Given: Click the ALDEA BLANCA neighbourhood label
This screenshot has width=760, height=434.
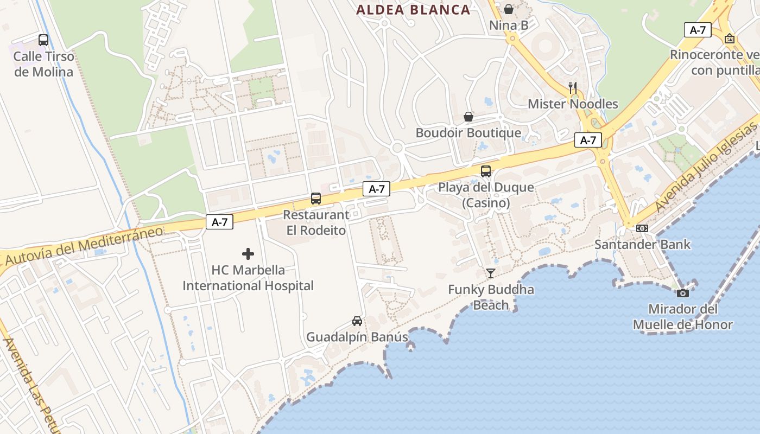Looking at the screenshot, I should point(413,10).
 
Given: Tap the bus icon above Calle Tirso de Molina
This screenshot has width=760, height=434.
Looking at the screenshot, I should point(43,40).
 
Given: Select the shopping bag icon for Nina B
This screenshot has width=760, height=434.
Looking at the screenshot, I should point(509,9).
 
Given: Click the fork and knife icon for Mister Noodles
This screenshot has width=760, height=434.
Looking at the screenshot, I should point(572,87).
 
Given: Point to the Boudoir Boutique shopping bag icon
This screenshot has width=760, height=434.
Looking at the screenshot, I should point(468,117).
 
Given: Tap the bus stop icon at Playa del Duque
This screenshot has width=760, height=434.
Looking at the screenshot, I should point(486,171).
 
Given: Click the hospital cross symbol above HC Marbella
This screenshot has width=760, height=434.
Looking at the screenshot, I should point(248,253).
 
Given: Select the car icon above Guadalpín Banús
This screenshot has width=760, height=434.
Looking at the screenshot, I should point(357,321).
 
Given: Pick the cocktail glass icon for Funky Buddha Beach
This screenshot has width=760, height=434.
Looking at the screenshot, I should point(491,273).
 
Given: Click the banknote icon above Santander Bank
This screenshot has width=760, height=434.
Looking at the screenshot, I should point(642,228).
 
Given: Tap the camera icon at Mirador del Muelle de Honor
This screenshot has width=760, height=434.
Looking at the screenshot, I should point(683,293).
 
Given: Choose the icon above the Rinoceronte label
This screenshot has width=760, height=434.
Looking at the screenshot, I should point(730,39).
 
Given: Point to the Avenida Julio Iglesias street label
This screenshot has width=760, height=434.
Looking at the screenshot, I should point(705,167).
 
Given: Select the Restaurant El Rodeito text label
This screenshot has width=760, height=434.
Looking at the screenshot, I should point(316,222).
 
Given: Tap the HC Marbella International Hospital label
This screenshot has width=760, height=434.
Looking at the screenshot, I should point(248,278).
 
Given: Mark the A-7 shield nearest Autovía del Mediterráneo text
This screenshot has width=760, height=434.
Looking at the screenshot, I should point(219,222).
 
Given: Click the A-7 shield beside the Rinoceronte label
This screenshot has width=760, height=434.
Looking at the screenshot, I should point(698,30).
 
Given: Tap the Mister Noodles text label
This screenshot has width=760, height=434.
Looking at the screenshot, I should point(573,104).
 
